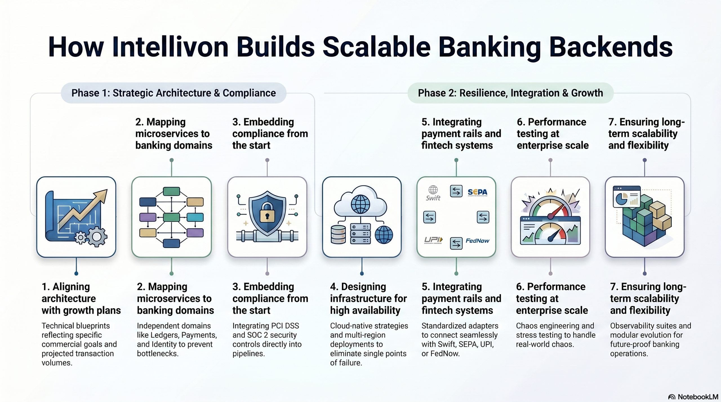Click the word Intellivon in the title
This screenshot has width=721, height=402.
170,47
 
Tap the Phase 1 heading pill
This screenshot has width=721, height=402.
173,93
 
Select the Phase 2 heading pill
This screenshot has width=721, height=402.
510,93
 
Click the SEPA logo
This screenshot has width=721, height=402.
477,192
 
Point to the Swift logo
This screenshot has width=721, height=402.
433,193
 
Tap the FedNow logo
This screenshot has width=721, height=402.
477,241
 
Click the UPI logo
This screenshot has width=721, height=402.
433,240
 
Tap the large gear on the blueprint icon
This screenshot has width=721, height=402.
97,237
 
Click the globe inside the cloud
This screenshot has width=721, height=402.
360,204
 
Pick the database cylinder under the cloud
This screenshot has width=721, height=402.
338,235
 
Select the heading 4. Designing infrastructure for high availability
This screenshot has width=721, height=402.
368,298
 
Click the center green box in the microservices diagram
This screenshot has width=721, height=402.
172,217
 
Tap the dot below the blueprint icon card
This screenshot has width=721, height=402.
76,273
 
